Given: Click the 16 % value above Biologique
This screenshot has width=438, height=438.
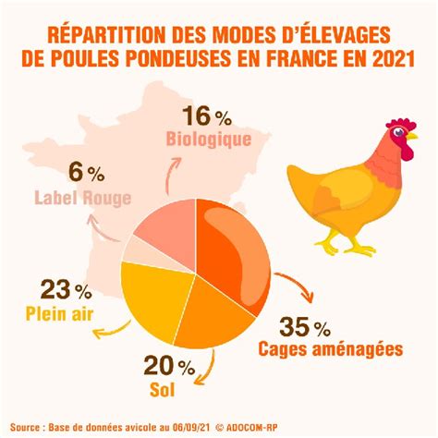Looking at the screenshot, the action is tap(207, 116).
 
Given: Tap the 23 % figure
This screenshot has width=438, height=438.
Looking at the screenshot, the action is tap(66, 289).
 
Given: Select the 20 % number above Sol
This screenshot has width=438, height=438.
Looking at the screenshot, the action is tap(169, 365).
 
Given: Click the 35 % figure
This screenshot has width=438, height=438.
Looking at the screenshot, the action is tap(305, 326).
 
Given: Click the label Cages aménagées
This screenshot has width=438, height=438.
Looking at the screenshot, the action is tap(331, 349).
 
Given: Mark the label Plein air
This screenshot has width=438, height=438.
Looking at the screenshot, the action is tap(59, 314).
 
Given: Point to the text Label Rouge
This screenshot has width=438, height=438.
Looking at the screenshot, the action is tap(83, 198).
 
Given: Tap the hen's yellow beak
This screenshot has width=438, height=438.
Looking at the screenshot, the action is tap(411, 136).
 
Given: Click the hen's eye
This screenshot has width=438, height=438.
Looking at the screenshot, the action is tap(399, 132).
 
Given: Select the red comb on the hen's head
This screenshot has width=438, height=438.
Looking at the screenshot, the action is tap(401, 124).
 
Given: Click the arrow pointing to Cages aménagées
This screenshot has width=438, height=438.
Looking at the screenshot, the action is tap(298, 284).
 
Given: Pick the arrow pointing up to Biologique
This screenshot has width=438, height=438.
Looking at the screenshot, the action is tap(171, 175).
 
